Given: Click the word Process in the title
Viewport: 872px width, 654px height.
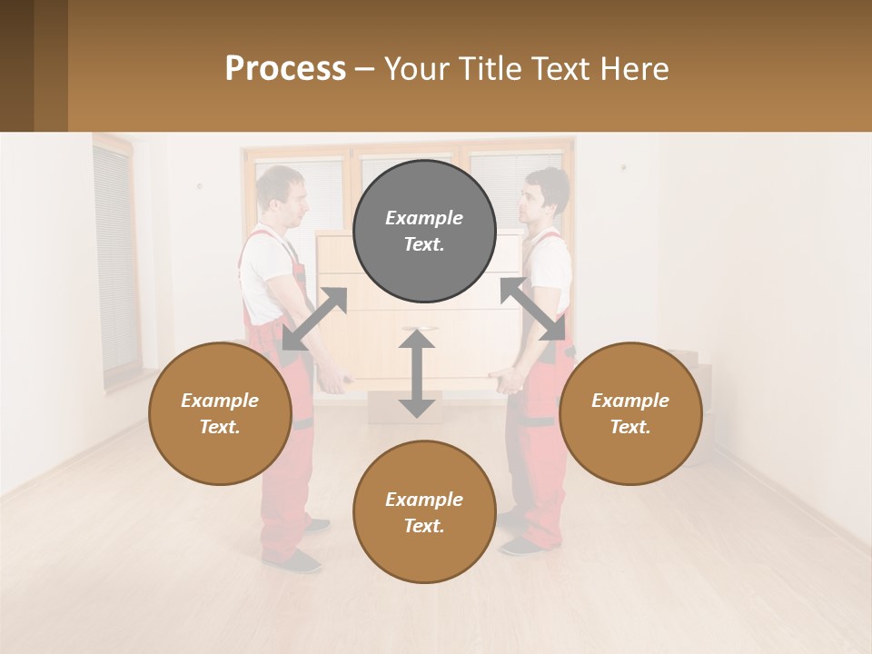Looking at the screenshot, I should pos(285,69).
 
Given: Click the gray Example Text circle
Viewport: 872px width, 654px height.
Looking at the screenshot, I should pos(424,231).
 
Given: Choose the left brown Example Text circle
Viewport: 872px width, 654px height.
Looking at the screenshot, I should pos(220,413).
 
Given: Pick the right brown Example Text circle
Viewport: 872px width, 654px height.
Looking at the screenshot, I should pos(630,413).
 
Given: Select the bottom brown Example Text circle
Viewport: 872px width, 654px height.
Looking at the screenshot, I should pos(424,512).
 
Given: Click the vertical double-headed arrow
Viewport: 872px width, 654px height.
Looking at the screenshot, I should pos(417,373).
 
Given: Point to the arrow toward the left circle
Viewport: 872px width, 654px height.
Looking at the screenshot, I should pos(314,318).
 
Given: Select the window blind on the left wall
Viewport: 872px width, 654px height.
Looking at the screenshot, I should pos(115,259).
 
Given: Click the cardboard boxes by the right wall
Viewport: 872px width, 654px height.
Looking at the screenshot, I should pos(695,391).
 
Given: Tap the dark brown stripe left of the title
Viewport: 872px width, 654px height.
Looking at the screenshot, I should pos(51,65).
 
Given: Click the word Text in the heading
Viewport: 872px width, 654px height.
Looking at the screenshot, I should pos(564,69).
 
